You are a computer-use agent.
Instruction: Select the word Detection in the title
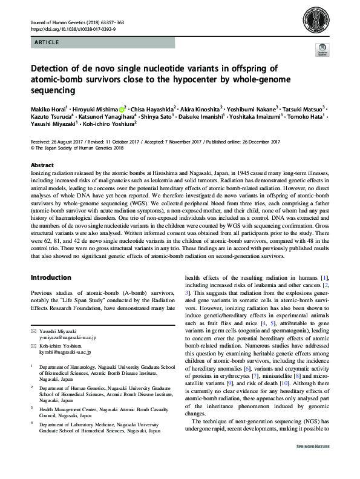(51, 69)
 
